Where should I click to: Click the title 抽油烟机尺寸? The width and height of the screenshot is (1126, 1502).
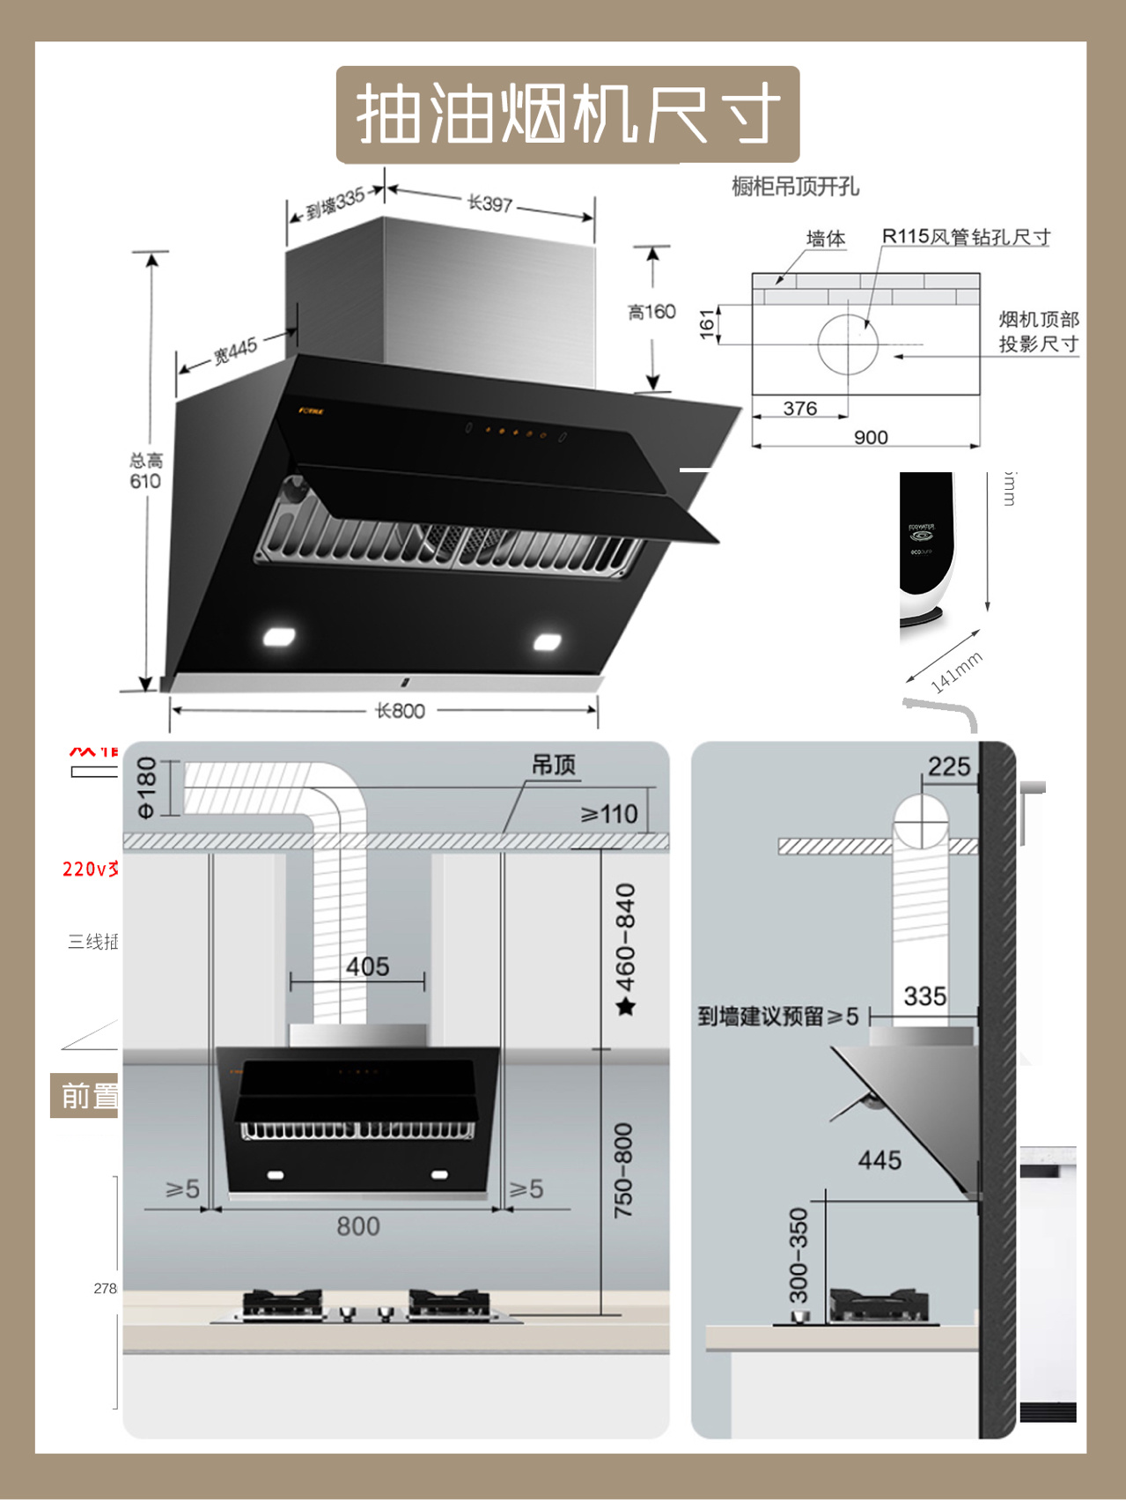(568, 115)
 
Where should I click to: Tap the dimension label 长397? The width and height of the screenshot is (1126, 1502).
(489, 203)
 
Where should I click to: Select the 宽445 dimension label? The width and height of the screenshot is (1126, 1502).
(235, 350)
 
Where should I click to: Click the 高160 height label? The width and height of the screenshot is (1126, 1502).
(651, 312)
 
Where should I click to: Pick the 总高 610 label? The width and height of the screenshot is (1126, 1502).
(145, 471)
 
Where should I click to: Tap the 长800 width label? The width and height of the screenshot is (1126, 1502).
(400, 711)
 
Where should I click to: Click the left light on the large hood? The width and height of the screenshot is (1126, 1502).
(279, 636)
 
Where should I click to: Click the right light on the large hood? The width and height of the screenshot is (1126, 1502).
(548, 642)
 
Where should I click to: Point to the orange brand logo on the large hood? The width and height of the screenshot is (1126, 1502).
(311, 411)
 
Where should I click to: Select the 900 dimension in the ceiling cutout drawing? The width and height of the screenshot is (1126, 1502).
(871, 438)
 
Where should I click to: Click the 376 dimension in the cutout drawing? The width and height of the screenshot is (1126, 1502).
(799, 409)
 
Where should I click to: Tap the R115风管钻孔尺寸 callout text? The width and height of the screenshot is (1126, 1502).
(966, 237)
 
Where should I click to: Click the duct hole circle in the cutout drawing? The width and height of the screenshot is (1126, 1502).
(848, 344)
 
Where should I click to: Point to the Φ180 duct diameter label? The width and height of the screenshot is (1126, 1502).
(146, 788)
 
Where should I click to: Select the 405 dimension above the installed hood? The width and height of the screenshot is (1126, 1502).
(367, 966)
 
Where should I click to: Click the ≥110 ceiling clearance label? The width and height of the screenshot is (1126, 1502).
(609, 814)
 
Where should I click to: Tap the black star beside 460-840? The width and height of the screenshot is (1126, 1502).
(626, 1006)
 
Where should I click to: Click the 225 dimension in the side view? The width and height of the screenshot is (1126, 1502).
(948, 766)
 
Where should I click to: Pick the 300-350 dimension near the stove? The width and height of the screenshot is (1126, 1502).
(798, 1255)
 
